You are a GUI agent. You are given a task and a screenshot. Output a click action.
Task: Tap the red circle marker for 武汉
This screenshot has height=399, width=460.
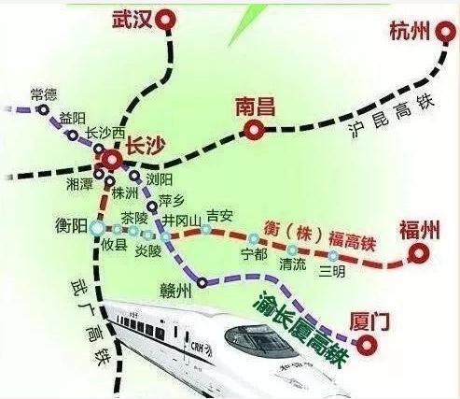(x=167, y=19)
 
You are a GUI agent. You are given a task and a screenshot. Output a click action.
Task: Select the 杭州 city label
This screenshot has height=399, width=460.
(x=408, y=31)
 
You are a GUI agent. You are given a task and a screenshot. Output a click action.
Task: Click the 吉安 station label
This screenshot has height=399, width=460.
(x=218, y=216)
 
